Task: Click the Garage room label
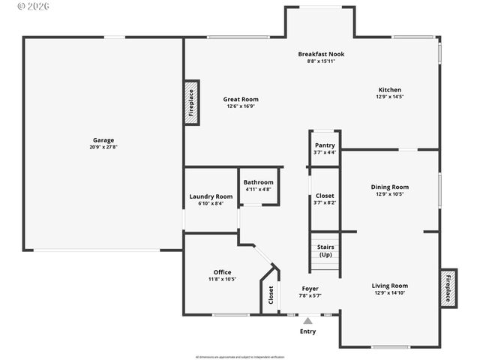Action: coord(103,140)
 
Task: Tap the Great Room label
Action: coord(241,99)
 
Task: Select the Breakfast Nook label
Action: coord(321,54)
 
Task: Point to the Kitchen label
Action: coord(389,89)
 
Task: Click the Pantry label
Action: coord(325,145)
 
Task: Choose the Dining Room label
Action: coord(390,187)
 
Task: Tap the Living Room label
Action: coord(390,286)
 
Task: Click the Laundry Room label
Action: coord(211,196)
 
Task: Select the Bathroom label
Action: coord(258,182)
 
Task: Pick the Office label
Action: coord(222,272)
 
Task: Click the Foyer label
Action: coord(310,289)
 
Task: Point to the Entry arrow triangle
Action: coord(307,320)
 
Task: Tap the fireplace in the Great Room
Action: coord(191,102)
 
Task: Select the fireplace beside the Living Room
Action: coord(448,287)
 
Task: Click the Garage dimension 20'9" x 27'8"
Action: coord(103,147)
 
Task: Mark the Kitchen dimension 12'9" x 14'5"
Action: coord(389,97)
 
